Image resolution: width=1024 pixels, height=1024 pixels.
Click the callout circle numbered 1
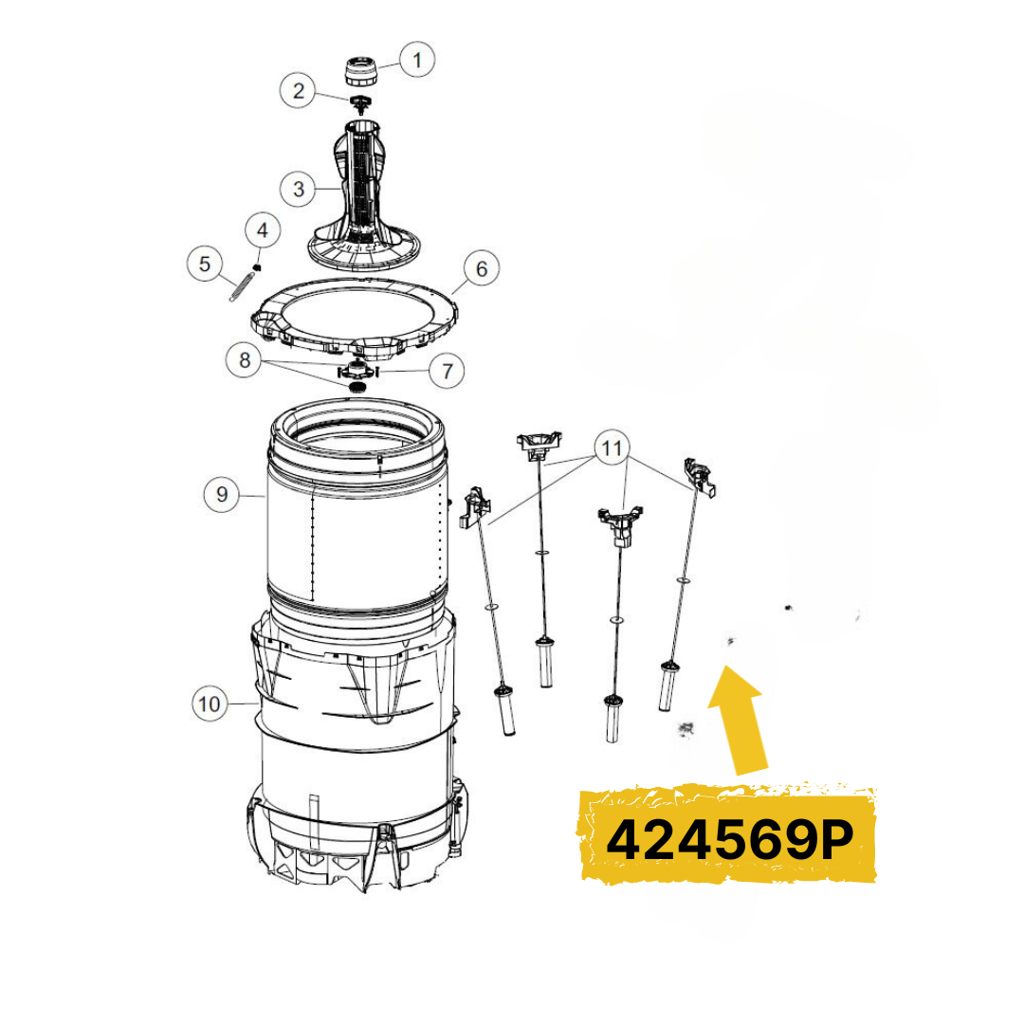(x=416, y=61)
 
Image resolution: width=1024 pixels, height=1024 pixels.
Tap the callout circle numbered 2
(x=299, y=91)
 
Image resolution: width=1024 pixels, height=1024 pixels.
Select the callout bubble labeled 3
(x=299, y=189)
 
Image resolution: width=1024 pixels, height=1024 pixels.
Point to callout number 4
(x=263, y=229)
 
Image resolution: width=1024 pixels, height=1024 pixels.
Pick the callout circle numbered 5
(x=205, y=264)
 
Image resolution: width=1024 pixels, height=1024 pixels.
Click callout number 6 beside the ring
(x=482, y=269)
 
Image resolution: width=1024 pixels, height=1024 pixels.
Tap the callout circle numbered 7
(x=447, y=371)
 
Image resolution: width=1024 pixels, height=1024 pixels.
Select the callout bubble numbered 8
(x=245, y=360)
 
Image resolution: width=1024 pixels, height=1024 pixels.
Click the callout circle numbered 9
(x=222, y=494)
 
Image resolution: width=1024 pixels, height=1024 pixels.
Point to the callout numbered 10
(x=210, y=704)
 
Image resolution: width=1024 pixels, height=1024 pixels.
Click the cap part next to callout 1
(x=359, y=72)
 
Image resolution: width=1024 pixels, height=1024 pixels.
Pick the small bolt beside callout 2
(x=359, y=102)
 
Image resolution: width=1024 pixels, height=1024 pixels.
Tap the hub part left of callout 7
(x=358, y=368)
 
